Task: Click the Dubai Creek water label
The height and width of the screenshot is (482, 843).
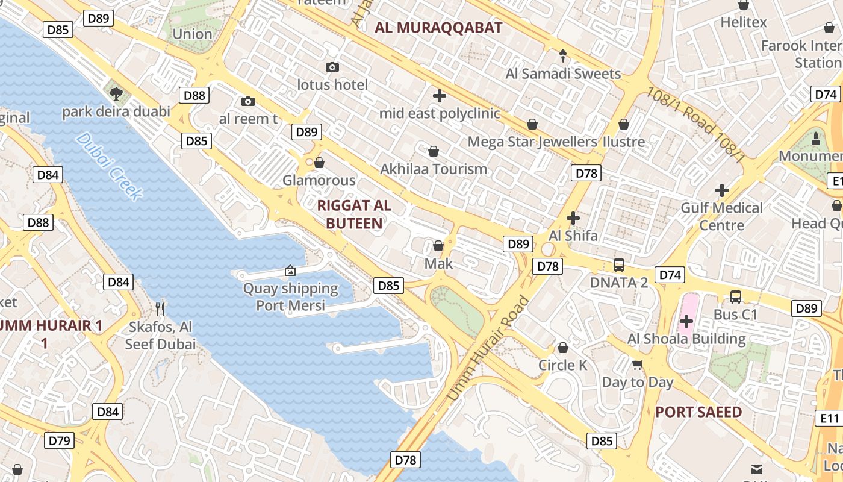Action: coord(110,166)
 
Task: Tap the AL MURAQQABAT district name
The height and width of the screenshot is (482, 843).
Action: coord(438,28)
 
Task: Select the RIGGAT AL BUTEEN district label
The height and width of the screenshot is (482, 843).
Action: coord(354,214)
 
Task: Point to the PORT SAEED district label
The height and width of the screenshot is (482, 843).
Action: coord(698,412)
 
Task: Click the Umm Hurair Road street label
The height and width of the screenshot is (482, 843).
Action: coord(488,349)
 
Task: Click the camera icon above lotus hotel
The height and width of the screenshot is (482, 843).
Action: coord(332,67)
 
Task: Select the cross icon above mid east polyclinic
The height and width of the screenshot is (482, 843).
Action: coord(440,95)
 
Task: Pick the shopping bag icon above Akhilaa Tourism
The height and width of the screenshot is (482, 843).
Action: coord(433,151)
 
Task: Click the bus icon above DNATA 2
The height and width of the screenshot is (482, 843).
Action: coord(618,264)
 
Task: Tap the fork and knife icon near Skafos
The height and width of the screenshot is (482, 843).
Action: coord(160,309)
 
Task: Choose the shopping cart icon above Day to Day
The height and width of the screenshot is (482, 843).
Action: coord(638,364)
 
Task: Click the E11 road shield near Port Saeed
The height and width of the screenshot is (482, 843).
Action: coord(830,418)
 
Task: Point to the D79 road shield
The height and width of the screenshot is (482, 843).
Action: coord(59,440)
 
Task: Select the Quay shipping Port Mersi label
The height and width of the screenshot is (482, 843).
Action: coord(291,297)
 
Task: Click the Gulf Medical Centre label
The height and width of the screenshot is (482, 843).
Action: coord(721,216)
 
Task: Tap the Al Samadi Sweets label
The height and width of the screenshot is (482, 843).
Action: coord(563,74)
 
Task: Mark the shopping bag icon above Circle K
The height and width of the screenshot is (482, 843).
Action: coord(562,348)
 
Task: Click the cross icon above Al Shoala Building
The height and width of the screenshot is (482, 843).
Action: coord(686,321)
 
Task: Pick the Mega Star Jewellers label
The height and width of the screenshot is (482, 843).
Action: coord(532,142)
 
